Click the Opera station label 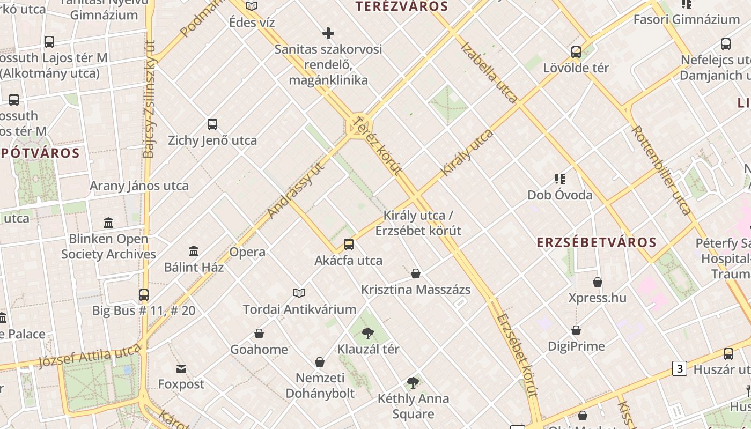247,252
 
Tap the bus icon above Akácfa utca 349,245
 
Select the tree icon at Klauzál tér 367,334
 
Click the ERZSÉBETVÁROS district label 597,242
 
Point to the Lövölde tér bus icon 576,52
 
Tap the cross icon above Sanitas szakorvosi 328,33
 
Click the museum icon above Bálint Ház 194,251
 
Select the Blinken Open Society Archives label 108,247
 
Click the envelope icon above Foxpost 181,369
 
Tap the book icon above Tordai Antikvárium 299,293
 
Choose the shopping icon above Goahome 259,334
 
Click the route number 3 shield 680,368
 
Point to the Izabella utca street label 489,72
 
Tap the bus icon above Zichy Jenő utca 212,124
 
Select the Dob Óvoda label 560,195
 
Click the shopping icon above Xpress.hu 598,282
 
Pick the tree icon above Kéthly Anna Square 413,383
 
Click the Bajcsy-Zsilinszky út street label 149,99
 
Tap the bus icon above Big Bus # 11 144,295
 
